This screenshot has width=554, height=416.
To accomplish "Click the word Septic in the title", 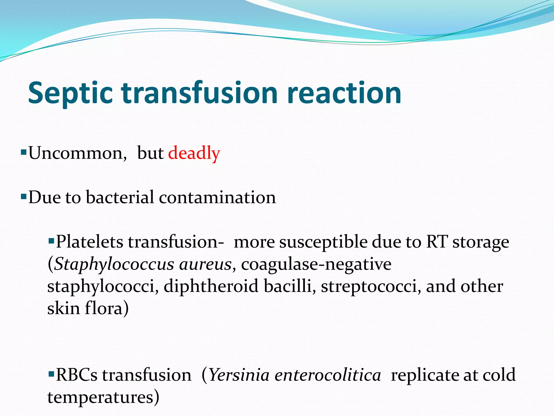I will (x=70, y=93).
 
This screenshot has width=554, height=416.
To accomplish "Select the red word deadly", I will (x=194, y=153).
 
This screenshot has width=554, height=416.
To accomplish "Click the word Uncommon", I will (x=77, y=153).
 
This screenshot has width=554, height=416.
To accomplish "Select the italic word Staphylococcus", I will (x=114, y=264).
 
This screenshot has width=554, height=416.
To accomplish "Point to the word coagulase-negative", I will (x=316, y=264).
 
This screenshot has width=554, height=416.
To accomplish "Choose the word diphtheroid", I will (x=211, y=286).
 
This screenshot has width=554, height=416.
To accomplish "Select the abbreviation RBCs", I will (x=77, y=375).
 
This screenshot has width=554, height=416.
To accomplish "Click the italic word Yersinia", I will (x=239, y=375).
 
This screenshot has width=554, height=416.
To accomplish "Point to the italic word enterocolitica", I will (x=328, y=375).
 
